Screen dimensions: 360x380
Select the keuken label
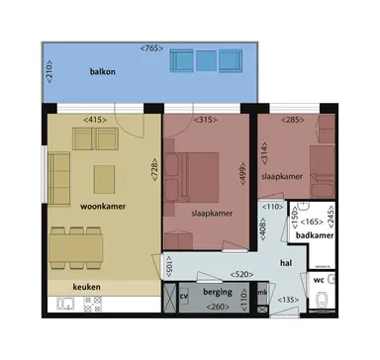coord(71,288)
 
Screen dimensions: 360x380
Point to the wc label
coord(320,279)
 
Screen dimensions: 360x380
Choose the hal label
coord(285,262)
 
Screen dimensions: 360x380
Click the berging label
coord(219,294)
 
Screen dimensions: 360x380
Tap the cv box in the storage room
coord(184,295)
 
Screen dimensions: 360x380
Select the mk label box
coord(262,294)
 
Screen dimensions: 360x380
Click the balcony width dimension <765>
coord(151,46)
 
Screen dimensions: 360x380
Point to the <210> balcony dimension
coord(47,70)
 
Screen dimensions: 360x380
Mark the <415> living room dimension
coord(95,120)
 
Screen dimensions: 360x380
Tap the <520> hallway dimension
coord(238,273)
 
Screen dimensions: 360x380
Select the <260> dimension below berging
coord(219,308)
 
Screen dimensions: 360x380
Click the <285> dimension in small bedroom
coord(295,120)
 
